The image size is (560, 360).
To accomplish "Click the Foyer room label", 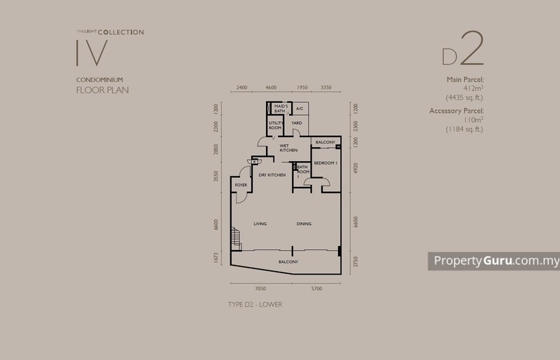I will click(241, 185).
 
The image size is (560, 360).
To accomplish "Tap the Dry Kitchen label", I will click(272, 174).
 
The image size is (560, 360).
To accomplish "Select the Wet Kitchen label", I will click(288, 148).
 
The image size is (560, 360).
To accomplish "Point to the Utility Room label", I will click(275, 125).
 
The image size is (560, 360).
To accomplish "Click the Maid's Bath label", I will click(281, 109).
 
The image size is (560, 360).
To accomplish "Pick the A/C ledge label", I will click(298, 109).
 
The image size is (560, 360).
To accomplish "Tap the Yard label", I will click(297, 123).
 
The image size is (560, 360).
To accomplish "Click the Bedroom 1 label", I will click(325, 162).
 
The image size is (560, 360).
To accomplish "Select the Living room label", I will click(260, 223).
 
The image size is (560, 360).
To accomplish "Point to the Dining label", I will click(303, 223).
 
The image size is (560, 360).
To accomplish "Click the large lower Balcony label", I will click(288, 262).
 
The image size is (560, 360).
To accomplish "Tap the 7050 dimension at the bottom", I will click(260, 288).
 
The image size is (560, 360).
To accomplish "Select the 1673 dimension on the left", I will click(217, 258).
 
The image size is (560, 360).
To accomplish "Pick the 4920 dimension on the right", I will click(356, 168).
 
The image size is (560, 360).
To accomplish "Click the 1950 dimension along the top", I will click(302, 88).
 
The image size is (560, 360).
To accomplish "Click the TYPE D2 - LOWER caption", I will click(255, 305).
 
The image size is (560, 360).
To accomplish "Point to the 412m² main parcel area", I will click(469, 88).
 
